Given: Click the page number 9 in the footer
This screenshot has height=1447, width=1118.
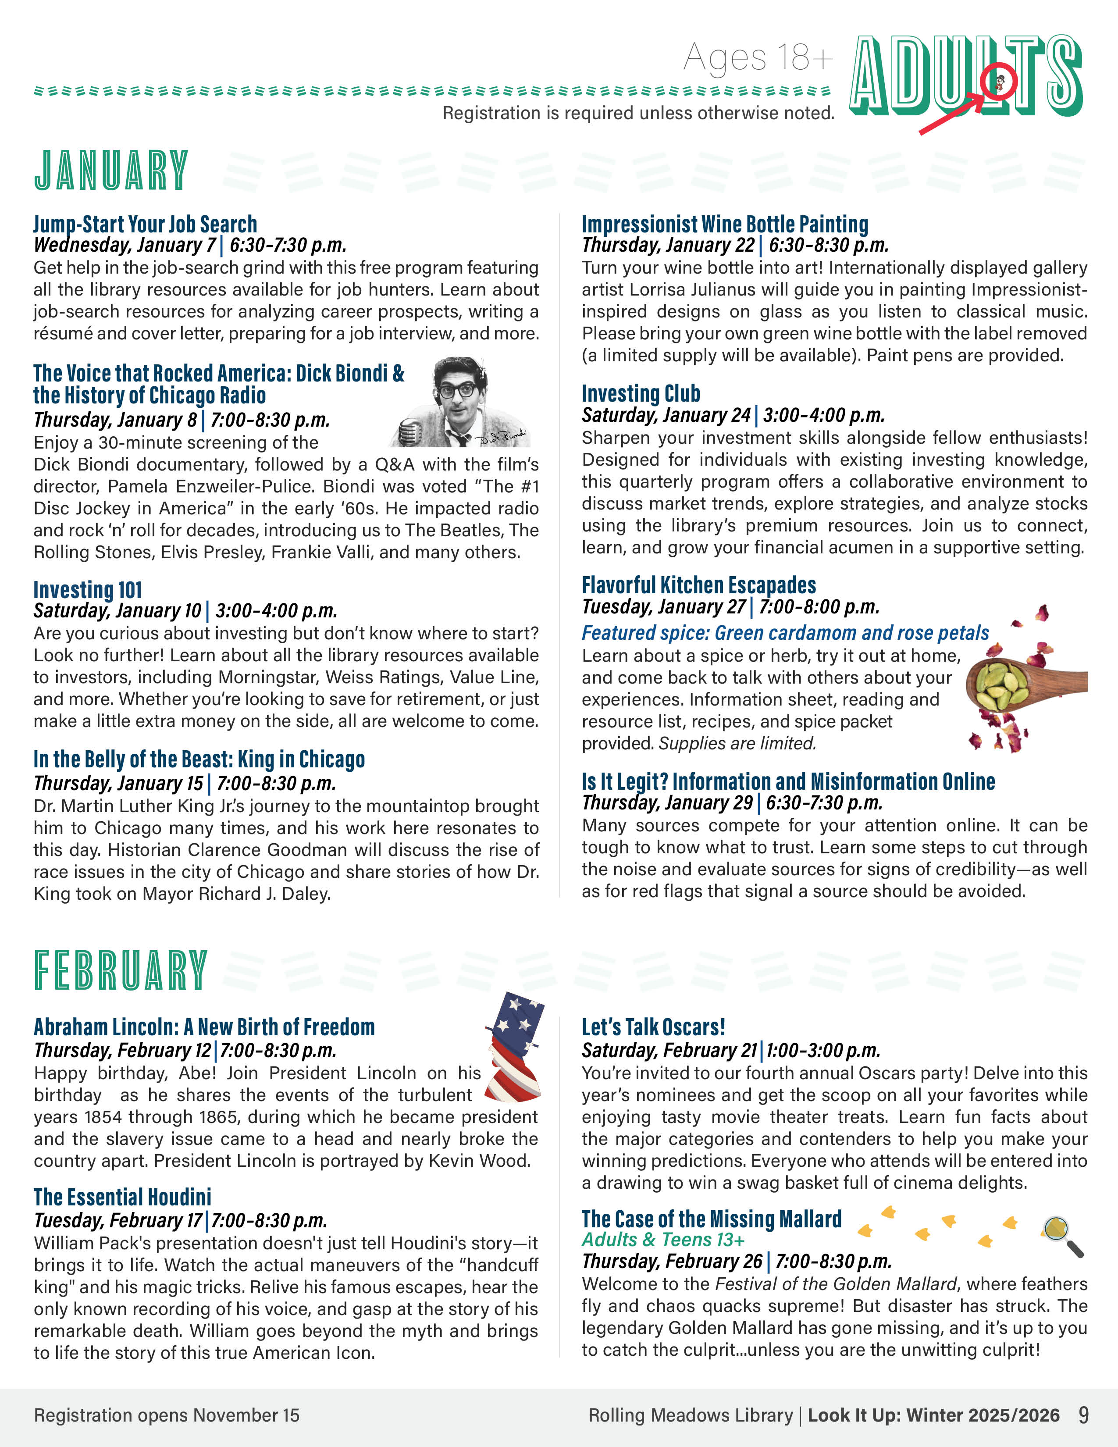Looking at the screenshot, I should (x=1083, y=1415).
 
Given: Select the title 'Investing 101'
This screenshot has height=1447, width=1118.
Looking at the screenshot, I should (x=87, y=590).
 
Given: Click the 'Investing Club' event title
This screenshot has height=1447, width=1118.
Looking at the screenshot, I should (x=641, y=394).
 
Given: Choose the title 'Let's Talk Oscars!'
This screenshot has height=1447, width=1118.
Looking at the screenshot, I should (x=653, y=1027).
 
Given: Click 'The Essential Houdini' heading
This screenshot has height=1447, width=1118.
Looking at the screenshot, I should (x=122, y=1197).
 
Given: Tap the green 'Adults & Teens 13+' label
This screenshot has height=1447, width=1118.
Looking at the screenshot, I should (x=663, y=1239).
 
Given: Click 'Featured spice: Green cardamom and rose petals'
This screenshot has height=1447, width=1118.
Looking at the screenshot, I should (x=785, y=633).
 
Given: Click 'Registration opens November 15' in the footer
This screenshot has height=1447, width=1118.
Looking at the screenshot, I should (x=167, y=1415).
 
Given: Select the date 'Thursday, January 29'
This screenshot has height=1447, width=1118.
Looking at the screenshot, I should (x=667, y=802).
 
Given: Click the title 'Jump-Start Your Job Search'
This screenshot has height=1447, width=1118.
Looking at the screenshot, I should (x=145, y=224).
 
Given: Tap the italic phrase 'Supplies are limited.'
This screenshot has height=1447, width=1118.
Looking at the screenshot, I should (x=737, y=743).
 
